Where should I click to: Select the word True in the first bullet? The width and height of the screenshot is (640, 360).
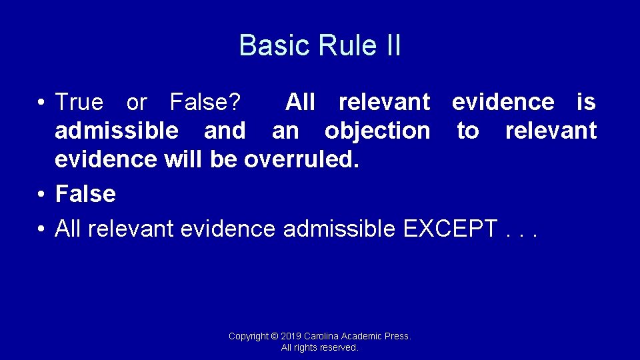pyautogui.click(x=79, y=103)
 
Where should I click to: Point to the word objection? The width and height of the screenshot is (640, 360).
pyautogui.click(x=377, y=131)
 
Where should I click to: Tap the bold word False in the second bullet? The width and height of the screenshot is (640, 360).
pyautogui.click(x=85, y=194)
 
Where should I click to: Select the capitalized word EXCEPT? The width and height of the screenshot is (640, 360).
pyautogui.click(x=450, y=229)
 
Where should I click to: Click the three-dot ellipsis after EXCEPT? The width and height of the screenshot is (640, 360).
pyautogui.click(x=521, y=233)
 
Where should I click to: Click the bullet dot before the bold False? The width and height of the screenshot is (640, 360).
pyautogui.click(x=41, y=195)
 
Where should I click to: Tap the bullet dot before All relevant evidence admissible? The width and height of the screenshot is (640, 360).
pyautogui.click(x=41, y=229)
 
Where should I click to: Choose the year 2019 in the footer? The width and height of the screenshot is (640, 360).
pyautogui.click(x=291, y=336)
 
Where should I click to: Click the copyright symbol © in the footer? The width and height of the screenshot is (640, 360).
pyautogui.click(x=275, y=336)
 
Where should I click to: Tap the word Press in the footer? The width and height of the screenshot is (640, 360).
pyautogui.click(x=399, y=336)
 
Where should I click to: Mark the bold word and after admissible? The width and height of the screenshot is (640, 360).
pyautogui.click(x=225, y=131)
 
